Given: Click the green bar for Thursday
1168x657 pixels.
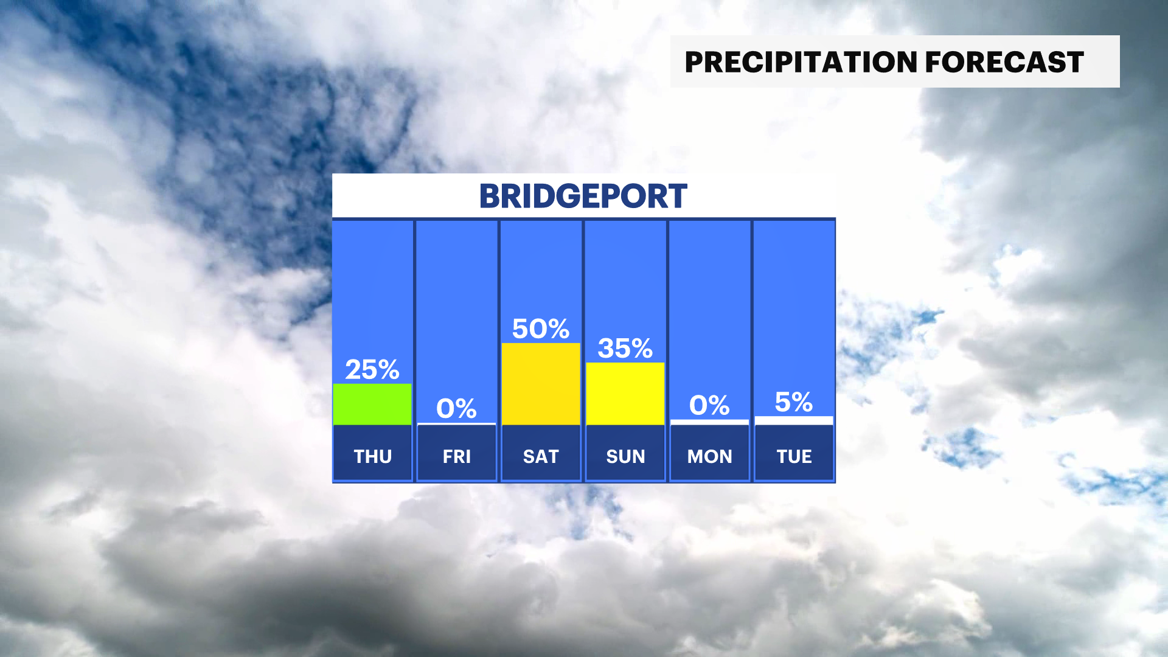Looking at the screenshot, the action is coord(372,404).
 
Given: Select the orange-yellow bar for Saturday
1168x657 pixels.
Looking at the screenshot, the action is coord(541,384).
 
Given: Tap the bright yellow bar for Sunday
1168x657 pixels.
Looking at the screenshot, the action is coord(625,394).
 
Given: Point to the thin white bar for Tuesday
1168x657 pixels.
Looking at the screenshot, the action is coord(794,420).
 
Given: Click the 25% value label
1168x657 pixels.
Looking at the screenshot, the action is coord(372,369).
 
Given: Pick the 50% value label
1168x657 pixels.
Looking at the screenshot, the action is coord(541,329).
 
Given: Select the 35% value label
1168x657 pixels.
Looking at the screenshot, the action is coord(625,349).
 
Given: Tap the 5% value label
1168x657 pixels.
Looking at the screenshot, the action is coord(794,402).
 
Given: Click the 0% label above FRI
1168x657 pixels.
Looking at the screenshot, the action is coord(456,408).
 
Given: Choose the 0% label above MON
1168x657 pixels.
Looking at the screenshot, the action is coord(709,405).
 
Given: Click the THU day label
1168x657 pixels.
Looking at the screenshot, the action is coord(373,456).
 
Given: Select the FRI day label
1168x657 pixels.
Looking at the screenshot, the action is coord(457,456).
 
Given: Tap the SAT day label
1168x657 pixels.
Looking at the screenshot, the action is coord(541,456).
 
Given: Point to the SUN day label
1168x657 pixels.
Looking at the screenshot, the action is coord(625,456).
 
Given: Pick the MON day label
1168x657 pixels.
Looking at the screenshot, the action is coord(710,456).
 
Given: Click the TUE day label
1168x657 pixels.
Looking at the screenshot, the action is coord(794,456).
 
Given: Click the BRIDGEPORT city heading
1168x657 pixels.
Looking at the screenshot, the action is coord(583,196).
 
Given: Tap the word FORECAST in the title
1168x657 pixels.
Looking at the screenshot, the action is coord(1004,62).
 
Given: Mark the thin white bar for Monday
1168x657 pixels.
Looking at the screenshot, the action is coord(709,422).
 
